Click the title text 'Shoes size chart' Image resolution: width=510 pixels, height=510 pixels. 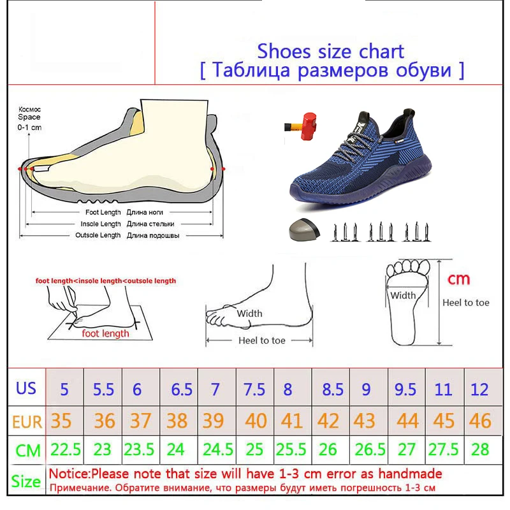pyautogui.click(x=330, y=51)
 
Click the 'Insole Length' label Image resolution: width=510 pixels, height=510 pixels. pyautogui.click(x=100, y=224)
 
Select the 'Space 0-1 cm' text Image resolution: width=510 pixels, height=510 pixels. pyautogui.click(x=29, y=117)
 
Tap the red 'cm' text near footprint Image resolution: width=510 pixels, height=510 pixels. pyautogui.click(x=458, y=279)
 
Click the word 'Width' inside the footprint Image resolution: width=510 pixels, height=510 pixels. pyautogui.click(x=403, y=295)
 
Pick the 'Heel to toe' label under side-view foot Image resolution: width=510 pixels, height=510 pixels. pyautogui.click(x=261, y=340)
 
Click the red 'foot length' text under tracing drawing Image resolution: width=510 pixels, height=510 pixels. pyautogui.click(x=105, y=333)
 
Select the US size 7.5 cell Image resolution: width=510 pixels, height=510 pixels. pyautogui.click(x=254, y=389)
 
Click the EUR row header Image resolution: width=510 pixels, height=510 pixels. pyautogui.click(x=26, y=421)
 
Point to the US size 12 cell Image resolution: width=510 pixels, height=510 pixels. pyautogui.click(x=480, y=389)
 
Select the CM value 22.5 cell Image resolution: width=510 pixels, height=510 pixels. pyautogui.click(x=66, y=450)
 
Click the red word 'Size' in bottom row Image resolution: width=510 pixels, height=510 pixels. pyautogui.click(x=25, y=481)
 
